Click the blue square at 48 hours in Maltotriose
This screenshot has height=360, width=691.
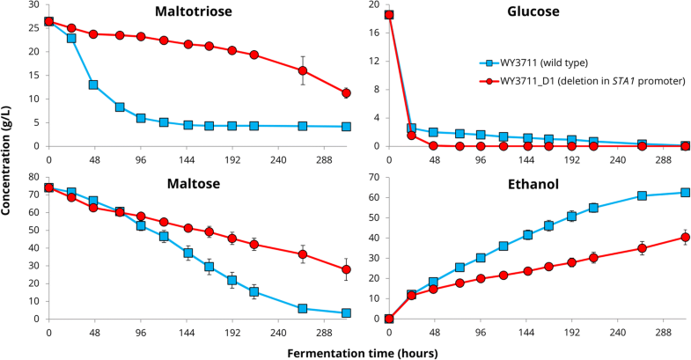pos(92,85)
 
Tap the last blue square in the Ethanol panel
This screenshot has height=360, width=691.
pos(686,193)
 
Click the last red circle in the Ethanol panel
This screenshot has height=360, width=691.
pos(686,237)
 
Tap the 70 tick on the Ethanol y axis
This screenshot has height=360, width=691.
pos(376,178)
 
